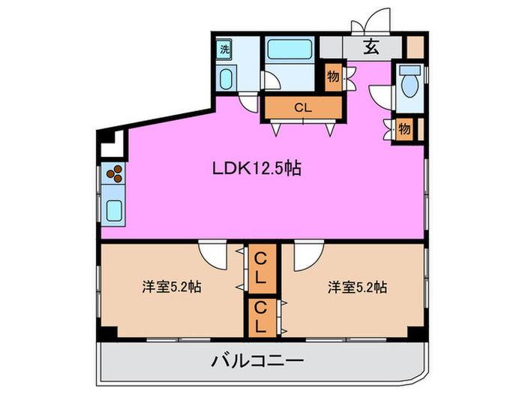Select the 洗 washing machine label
click(223, 50)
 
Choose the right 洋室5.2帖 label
click(356, 287)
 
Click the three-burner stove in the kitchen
click(115, 176)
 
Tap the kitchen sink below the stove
click(115, 209)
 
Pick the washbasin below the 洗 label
click(226, 78)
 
